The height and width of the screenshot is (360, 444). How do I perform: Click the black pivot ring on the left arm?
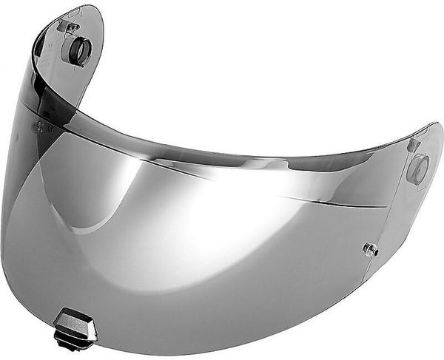(77, 51)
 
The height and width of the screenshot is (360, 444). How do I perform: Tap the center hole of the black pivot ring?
(78, 51)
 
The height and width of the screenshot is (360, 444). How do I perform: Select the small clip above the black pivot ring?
(72, 27)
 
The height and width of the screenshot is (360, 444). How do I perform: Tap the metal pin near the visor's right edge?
(371, 250)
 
